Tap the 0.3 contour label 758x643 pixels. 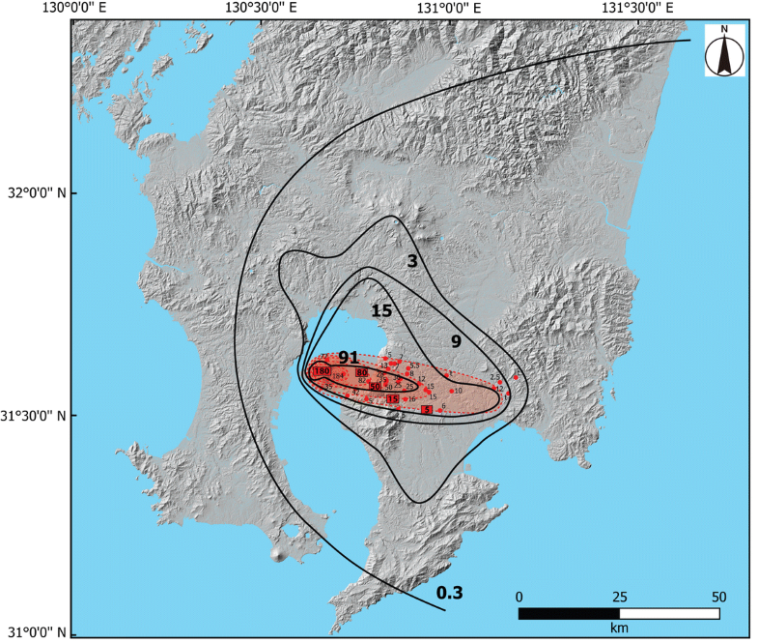(x=450, y=592)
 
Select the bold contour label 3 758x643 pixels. (x=410, y=261)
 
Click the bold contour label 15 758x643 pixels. (x=380, y=309)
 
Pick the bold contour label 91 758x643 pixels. (x=349, y=357)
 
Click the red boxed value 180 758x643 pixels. (x=322, y=372)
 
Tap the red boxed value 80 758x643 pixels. (x=361, y=372)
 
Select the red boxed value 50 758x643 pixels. (x=374, y=387)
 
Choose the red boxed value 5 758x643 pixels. (x=427, y=410)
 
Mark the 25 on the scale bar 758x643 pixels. (x=619, y=596)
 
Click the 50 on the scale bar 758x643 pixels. (x=719, y=596)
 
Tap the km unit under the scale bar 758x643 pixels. (x=619, y=628)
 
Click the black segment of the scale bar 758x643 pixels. (x=569, y=613)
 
